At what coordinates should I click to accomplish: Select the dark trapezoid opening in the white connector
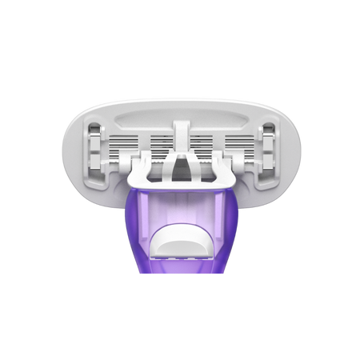pyautogui.click(x=180, y=165)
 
